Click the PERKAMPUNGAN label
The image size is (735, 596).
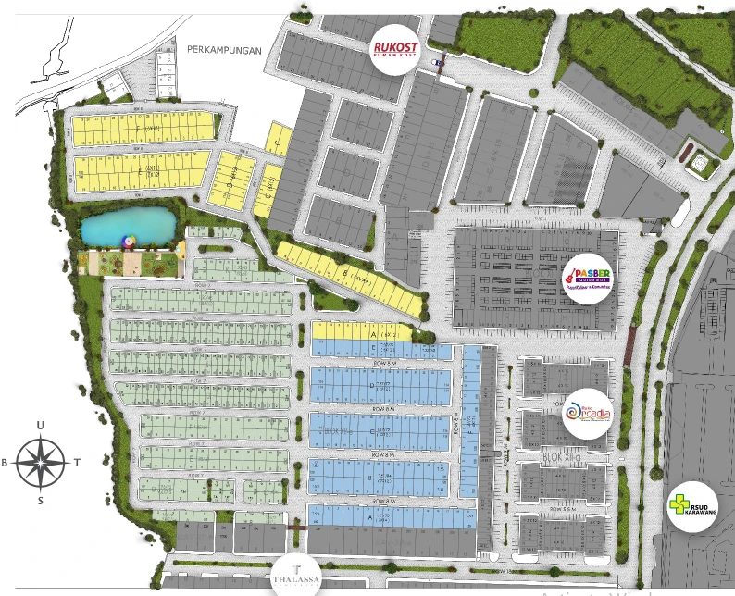tap(224, 50)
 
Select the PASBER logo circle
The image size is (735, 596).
tap(591, 275)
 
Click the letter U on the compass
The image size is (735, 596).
tap(40, 425)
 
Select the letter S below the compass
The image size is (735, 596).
tap(40, 501)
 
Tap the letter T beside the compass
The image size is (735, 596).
tap(77, 463)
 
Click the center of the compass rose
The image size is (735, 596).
tap(40, 463)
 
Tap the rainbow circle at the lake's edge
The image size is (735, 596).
tap(129, 242)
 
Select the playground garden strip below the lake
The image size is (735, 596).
tap(130, 265)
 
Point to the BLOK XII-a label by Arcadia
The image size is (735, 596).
tap(562, 457)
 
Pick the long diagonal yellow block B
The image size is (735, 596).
tap(350, 276)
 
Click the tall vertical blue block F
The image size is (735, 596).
tap(471, 421)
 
